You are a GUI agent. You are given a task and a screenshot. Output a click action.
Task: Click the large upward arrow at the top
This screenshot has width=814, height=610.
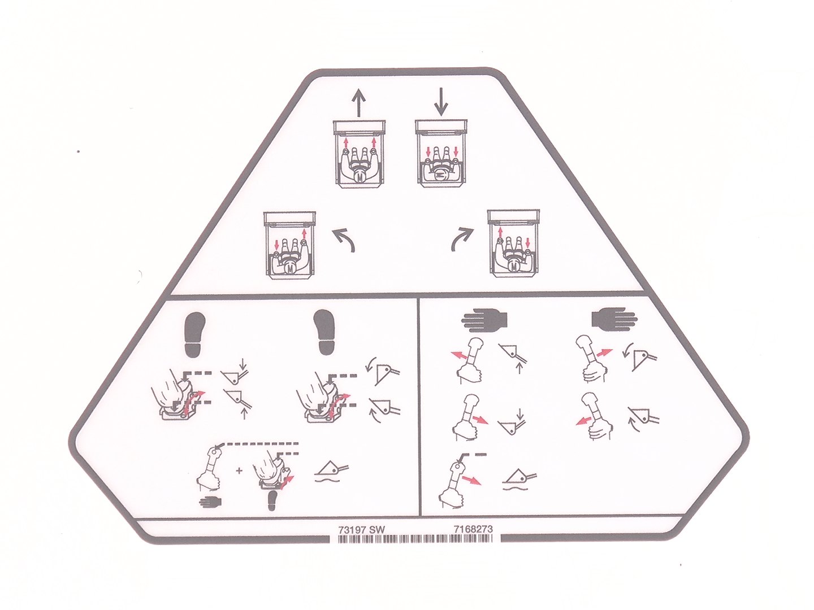[x=358, y=102]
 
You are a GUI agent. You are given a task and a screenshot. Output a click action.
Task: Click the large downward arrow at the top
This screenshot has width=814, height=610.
[x=441, y=101]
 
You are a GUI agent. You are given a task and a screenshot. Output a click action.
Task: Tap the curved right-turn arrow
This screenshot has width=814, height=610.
[x=463, y=239]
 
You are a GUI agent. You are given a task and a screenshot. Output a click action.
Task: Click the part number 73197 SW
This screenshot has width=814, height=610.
[x=361, y=530]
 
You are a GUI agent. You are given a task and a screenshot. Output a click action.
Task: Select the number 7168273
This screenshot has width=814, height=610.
[x=474, y=529]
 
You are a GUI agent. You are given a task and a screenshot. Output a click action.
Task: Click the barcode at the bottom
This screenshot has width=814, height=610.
[x=415, y=539]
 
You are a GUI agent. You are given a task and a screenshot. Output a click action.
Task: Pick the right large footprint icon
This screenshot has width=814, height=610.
[x=324, y=331]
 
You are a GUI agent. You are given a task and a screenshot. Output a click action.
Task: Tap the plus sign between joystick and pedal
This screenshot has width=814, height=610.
[x=240, y=471]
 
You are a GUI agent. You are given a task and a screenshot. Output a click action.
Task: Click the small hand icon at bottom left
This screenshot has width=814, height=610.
[x=211, y=502]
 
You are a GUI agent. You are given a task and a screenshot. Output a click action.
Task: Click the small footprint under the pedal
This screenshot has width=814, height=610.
[x=272, y=502]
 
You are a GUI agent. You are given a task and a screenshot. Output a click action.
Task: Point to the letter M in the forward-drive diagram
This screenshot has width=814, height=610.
[x=360, y=178]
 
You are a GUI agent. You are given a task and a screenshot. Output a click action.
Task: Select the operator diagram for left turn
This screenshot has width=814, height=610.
[x=289, y=245]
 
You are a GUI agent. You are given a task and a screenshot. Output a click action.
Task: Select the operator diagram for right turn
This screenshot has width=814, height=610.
[x=514, y=243]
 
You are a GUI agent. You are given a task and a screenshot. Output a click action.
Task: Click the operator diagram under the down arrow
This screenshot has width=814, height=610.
[x=441, y=153]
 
